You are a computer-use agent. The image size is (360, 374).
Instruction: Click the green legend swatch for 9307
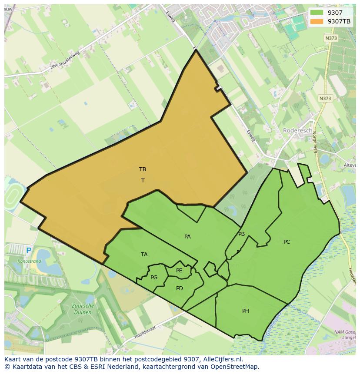pos(317,13)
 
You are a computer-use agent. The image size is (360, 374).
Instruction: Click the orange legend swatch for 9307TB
pos(317,21)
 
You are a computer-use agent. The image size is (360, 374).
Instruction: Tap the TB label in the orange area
pos(143,169)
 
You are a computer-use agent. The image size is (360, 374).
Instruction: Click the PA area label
pos(187,237)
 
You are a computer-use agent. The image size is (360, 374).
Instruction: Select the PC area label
pos(287,242)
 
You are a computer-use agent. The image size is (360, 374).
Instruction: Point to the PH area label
pos(246,311)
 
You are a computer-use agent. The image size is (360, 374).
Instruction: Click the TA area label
pos(144,255)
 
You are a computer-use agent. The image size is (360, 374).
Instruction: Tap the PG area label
pos(154,278)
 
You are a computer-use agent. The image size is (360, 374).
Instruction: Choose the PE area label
pos(179,271)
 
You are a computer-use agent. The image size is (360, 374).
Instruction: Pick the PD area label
pos(180,288)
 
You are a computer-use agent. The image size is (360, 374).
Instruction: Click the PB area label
pos(241,234)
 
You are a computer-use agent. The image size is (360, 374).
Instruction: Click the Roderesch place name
pos(298,130)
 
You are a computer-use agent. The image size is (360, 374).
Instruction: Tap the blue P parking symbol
pos(29,251)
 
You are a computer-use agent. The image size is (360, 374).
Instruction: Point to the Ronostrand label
pos(29,261)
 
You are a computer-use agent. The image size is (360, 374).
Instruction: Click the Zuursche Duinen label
pos(82,309)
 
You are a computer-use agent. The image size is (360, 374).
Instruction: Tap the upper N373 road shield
pos(330,38)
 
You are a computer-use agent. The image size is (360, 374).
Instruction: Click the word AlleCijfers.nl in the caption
pos(223,360)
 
